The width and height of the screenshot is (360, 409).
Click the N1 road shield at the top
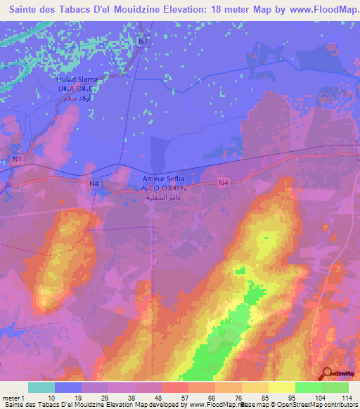143,41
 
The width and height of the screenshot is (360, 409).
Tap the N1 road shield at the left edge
15,160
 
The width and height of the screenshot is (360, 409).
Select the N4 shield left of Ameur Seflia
95,184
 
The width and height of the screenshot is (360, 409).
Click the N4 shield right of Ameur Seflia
224,183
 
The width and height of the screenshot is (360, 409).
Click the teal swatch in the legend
41,387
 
